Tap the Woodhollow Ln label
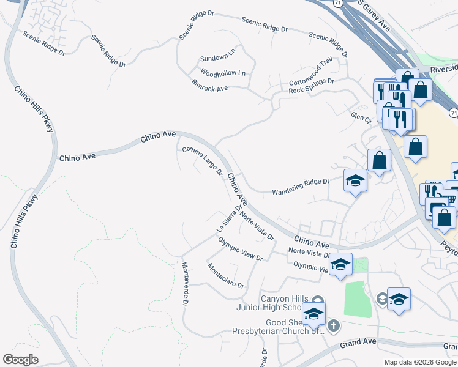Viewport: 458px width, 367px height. [x=222, y=73]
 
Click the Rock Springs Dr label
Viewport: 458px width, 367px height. [x=312, y=86]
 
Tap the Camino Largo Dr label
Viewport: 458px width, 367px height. [x=203, y=161]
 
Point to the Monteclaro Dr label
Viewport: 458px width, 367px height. [x=225, y=276]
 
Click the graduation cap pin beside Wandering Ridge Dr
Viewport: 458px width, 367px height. [x=355, y=180]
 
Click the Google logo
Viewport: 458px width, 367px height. [x=21, y=359]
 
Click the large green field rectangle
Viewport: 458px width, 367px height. [x=358, y=300]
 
